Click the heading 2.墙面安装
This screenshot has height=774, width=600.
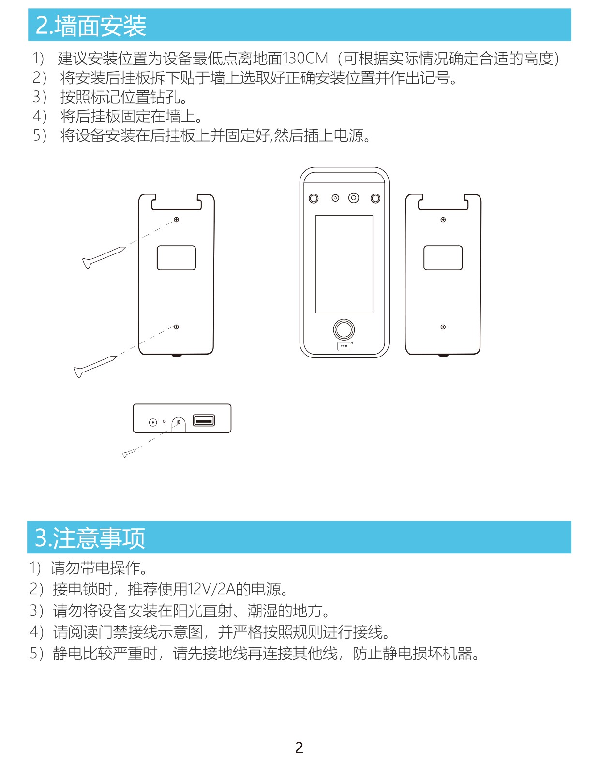tap(91, 26)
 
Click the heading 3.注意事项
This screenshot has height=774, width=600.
tap(90, 538)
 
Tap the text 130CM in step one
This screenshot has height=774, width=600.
tap(305, 59)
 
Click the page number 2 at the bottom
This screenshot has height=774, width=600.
tap(300, 747)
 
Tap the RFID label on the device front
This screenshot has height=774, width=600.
tap(344, 346)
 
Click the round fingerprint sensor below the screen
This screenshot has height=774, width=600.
tap(344, 329)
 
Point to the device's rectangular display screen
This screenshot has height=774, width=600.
tap(344, 264)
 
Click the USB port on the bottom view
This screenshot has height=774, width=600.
tap(204, 420)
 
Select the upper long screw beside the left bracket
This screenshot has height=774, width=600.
tap(104, 257)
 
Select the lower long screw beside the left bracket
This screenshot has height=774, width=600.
tap(95, 367)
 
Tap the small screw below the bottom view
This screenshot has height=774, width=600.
tap(128, 453)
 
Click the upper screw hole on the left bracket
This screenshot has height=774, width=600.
tap(176, 220)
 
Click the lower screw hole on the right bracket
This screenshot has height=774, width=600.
tap(443, 327)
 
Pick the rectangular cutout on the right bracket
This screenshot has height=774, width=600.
tap(443, 258)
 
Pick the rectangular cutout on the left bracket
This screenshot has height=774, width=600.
tap(176, 258)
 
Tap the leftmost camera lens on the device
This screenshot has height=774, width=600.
tap(314, 198)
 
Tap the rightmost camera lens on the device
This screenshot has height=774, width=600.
tap(375, 198)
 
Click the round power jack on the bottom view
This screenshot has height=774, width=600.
tap(153, 422)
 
